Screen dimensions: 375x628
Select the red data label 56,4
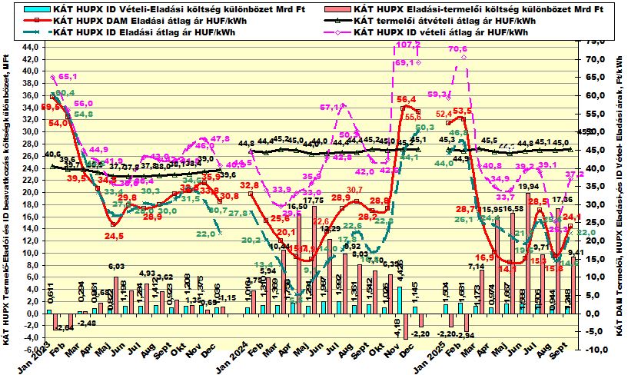point(407,100)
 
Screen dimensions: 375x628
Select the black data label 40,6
point(53,154)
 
